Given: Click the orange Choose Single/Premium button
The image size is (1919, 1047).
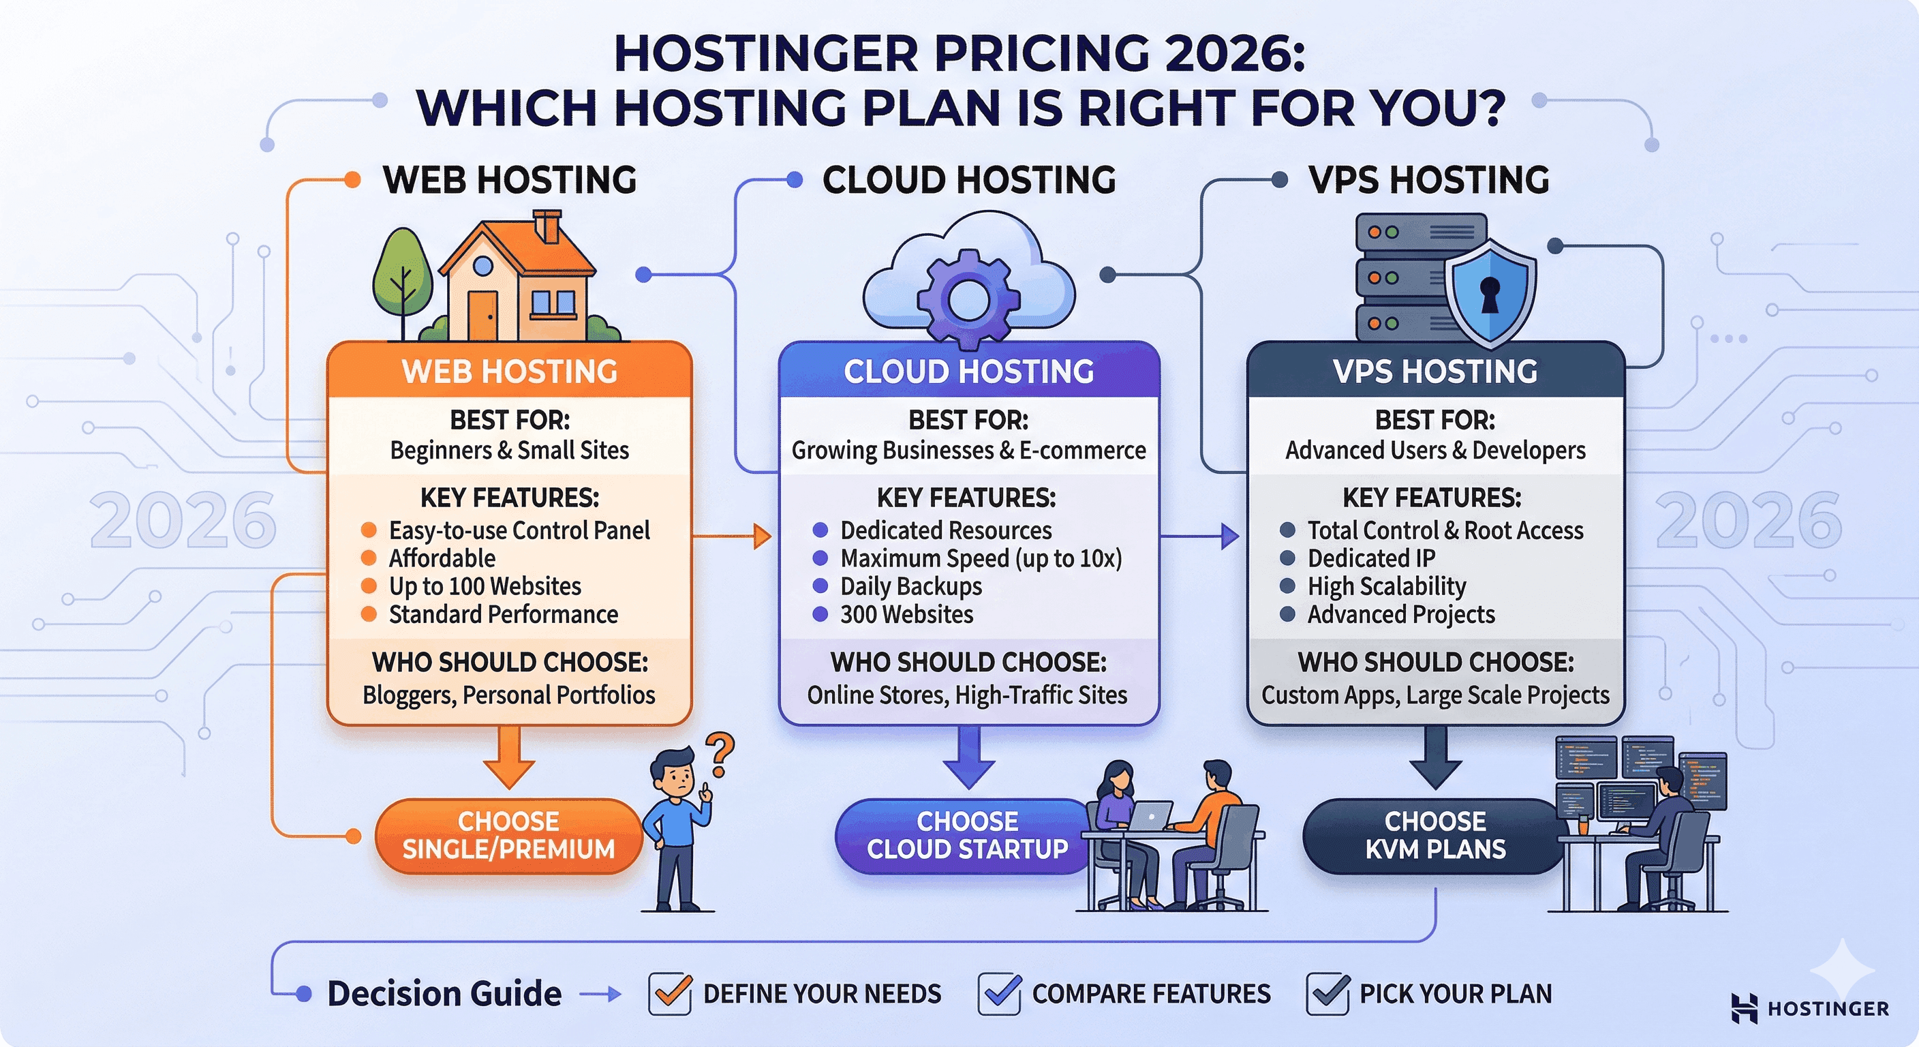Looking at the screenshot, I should [508, 836].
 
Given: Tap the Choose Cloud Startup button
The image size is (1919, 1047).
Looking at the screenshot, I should [966, 836].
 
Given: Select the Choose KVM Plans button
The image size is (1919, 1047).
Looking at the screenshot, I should [1434, 836].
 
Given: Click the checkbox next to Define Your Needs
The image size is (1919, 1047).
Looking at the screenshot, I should [669, 993].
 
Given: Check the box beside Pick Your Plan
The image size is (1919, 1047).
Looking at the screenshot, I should [1327, 993].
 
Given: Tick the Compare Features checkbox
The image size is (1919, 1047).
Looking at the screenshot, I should [998, 993].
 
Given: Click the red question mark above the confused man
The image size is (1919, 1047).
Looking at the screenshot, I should [720, 753].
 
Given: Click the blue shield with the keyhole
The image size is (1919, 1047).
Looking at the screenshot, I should [1489, 292].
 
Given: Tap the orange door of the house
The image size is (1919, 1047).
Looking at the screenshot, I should [482, 314].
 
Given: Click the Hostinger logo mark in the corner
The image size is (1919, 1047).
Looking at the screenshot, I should [1745, 1007].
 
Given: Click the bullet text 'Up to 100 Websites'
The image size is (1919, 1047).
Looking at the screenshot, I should [485, 586].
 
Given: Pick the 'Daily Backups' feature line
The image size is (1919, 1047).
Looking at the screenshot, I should [910, 586].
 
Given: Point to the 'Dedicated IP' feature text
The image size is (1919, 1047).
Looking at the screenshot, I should [1370, 558].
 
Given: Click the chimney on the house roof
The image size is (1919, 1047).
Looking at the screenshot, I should [547, 225].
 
